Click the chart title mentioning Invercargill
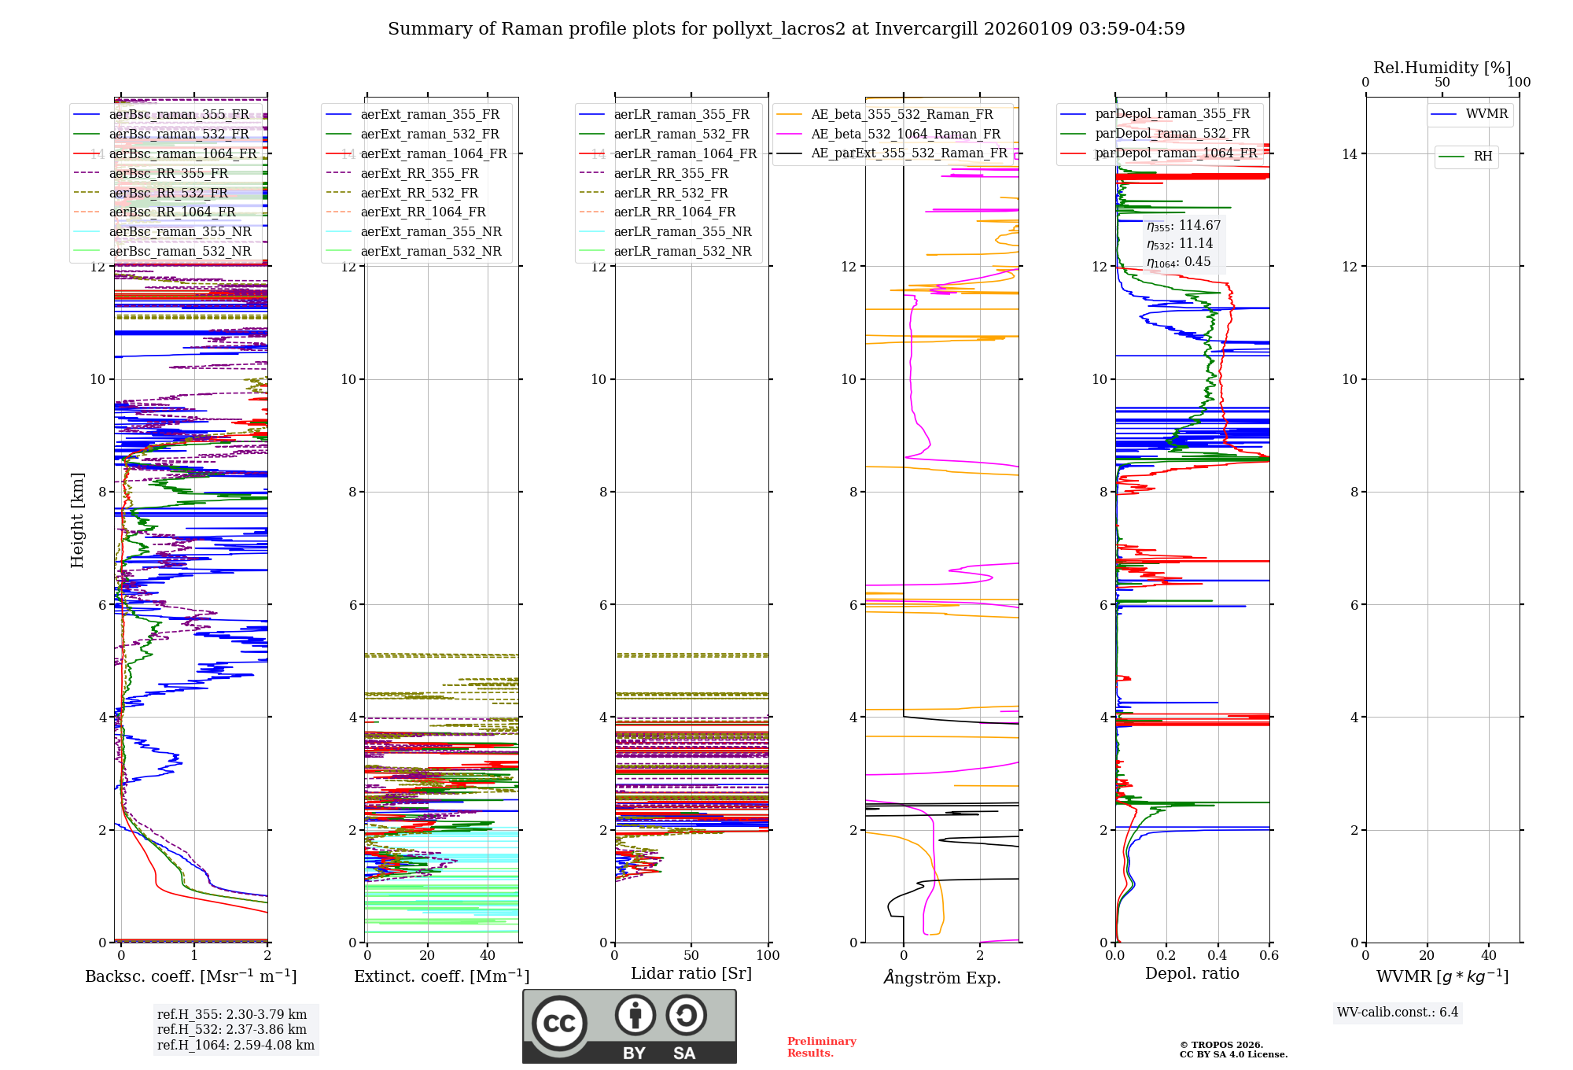point(786,29)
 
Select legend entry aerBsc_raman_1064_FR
point(182,153)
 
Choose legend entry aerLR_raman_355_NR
point(682,231)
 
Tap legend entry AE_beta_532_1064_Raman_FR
point(905,134)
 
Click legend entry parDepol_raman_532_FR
point(1172,134)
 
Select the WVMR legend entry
point(1486,114)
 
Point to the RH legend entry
point(1483,157)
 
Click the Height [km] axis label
point(77,520)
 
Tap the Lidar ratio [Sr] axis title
point(691,973)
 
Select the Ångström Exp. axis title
point(941,977)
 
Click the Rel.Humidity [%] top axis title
point(1442,68)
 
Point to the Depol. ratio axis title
point(1192,973)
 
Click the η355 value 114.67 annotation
point(1184,226)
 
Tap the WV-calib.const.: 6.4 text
point(1397,1012)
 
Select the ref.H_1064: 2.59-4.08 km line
point(235,1045)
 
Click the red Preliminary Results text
point(821,1046)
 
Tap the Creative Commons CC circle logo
point(559,1023)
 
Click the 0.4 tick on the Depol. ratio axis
point(1218,955)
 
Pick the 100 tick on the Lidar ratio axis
point(768,955)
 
